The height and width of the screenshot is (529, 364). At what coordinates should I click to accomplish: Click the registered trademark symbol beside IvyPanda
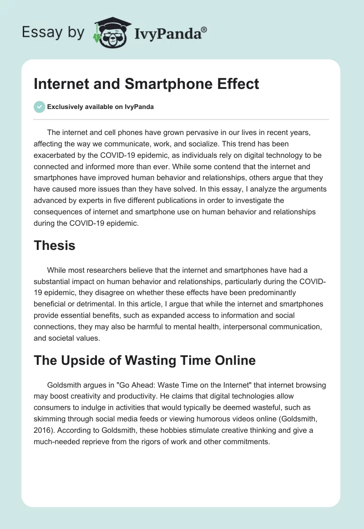click(204, 30)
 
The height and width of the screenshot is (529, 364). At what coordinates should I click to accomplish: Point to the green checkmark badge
click(39, 107)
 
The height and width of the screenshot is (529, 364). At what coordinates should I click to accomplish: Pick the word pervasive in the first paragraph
click(211, 133)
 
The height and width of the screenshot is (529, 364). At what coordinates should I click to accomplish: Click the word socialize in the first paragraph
click(195, 144)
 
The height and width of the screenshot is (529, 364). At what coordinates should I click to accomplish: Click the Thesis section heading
click(54, 246)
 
